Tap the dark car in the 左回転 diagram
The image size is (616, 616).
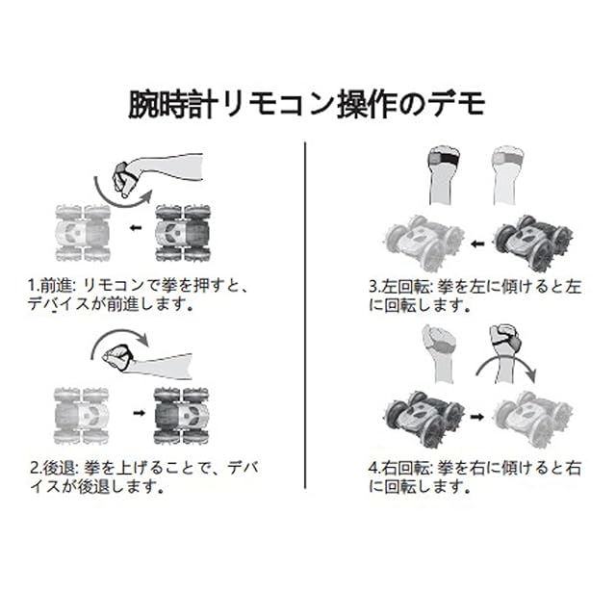coord(526,240)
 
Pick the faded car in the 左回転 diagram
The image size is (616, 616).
coord(420,240)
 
